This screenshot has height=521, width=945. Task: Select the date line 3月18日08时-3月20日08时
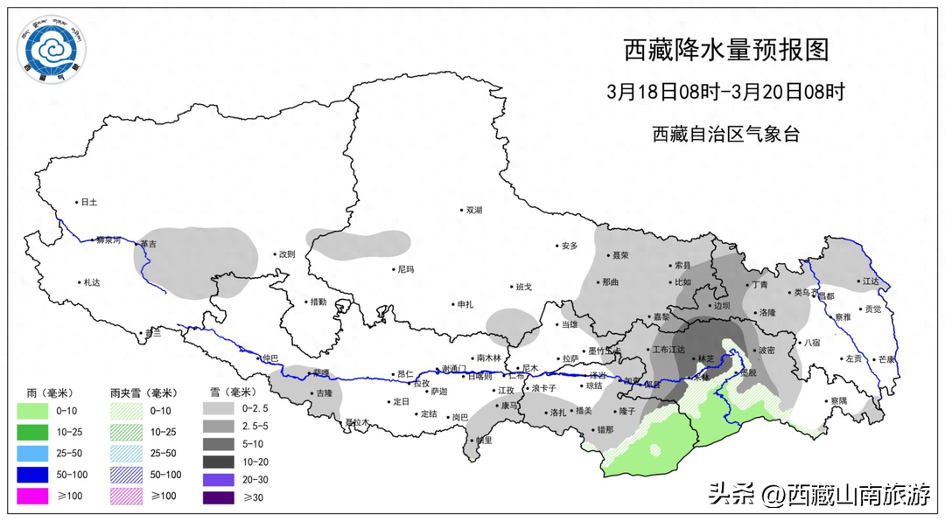click(725, 92)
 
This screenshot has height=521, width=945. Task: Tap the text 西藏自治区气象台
click(725, 134)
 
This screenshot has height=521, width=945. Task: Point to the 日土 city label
click(88, 202)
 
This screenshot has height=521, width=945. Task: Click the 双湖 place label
click(473, 210)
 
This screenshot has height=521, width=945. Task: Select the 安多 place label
click(570, 246)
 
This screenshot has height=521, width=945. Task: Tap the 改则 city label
click(286, 254)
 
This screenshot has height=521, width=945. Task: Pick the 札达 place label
click(92, 282)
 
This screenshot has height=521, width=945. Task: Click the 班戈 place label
click(523, 287)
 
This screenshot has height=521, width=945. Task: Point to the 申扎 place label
click(465, 304)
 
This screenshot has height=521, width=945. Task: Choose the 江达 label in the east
click(870, 281)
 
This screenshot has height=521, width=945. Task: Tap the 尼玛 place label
click(405, 269)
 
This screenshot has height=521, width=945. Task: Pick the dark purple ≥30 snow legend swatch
click(220, 497)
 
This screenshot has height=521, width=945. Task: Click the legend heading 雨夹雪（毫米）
click(143, 392)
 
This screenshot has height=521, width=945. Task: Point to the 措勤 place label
click(318, 302)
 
